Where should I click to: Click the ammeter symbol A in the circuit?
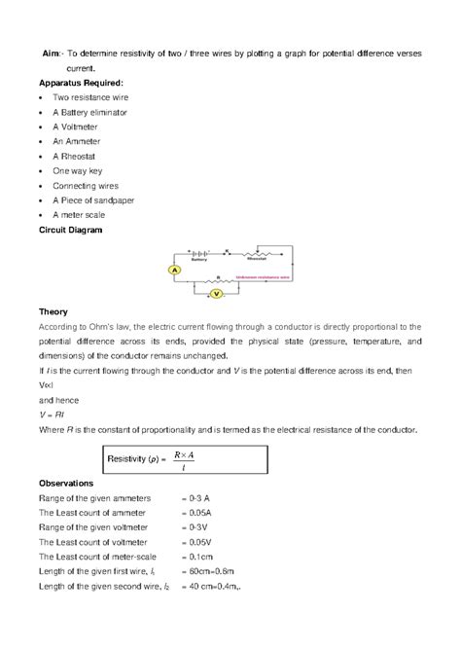pyautogui.click(x=175, y=269)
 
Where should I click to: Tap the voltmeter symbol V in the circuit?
pyautogui.click(x=219, y=291)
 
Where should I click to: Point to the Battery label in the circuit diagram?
pyautogui.click(x=198, y=259)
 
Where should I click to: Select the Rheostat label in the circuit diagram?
pyautogui.click(x=257, y=259)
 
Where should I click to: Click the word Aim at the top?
pyautogui.click(x=52, y=54)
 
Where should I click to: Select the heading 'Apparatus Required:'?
pyautogui.click(x=81, y=85)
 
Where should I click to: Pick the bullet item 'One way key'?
pyautogui.click(x=79, y=170)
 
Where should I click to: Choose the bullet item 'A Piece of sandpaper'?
pyautogui.click(x=93, y=199)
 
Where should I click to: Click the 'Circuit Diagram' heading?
pyautogui.click(x=76, y=230)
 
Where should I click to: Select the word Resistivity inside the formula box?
pyautogui.click(x=132, y=456)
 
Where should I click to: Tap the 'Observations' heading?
pyautogui.click(x=65, y=483)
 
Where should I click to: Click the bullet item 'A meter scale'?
pyautogui.click(x=80, y=214)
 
